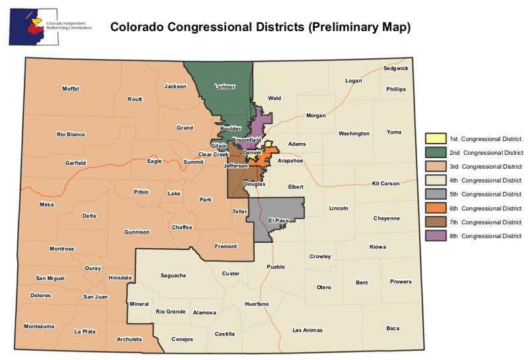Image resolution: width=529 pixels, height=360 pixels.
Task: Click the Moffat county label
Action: (x=71, y=89)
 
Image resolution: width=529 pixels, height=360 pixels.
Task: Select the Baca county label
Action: (x=393, y=328)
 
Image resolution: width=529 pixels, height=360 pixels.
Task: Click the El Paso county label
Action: (x=279, y=220)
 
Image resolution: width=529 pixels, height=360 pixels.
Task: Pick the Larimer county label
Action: (x=225, y=87)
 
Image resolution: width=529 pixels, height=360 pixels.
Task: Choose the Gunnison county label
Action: (x=137, y=232)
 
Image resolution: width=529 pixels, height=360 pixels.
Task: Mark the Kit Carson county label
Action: (x=386, y=183)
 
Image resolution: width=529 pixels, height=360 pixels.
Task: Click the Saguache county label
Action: (x=173, y=275)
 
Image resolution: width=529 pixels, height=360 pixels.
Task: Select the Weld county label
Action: (x=274, y=99)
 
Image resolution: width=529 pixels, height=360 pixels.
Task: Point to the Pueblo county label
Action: (x=276, y=267)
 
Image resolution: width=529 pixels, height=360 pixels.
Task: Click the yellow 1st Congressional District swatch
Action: (x=434, y=139)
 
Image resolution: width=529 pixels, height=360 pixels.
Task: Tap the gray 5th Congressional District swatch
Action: (x=434, y=195)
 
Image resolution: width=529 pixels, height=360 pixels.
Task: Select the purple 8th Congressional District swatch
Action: (x=434, y=236)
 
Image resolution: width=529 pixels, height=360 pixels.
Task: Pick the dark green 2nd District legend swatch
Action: (x=434, y=153)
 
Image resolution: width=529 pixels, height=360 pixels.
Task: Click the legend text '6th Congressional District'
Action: (x=485, y=208)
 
